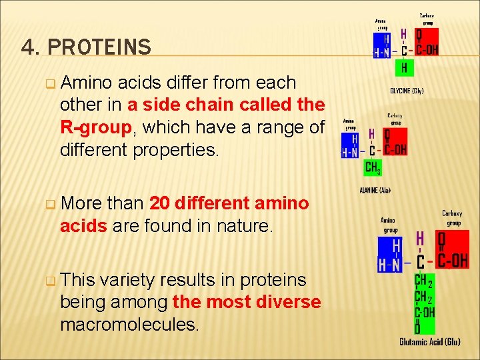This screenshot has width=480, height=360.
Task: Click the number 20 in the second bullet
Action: point(159,203)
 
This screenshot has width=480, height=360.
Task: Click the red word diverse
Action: point(287,302)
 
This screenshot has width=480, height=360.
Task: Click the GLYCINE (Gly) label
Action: point(407,91)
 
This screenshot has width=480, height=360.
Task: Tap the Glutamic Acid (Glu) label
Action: point(430,342)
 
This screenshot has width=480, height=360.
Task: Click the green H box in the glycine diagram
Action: point(403,67)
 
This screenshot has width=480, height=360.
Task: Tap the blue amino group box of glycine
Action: point(382,45)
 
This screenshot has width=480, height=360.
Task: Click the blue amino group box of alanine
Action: point(350,145)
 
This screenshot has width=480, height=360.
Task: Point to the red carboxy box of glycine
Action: point(425,41)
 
